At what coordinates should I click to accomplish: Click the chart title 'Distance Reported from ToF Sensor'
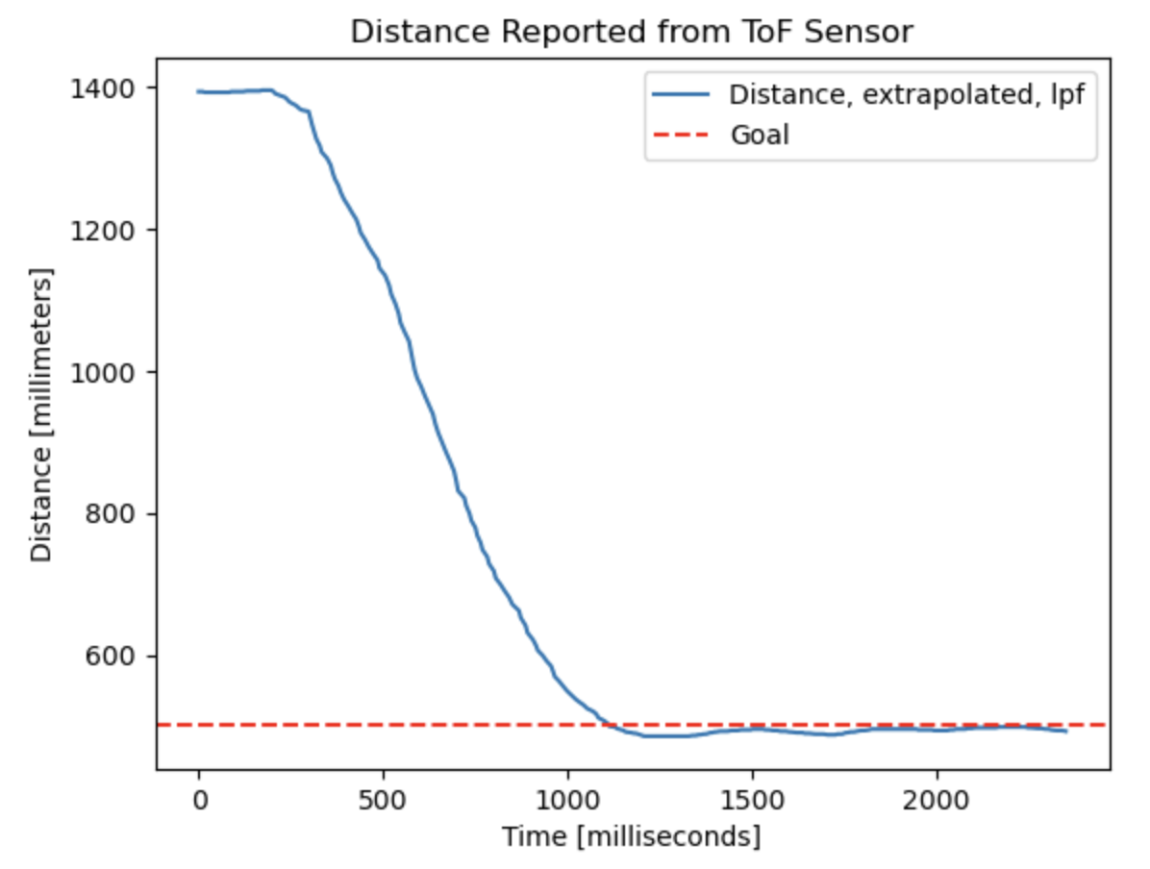click(631, 32)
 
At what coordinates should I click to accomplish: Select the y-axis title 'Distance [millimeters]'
click(41, 415)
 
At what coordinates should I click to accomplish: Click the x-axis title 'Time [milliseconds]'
click(631, 837)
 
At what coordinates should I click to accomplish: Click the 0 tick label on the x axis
click(199, 801)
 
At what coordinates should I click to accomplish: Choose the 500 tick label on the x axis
click(384, 801)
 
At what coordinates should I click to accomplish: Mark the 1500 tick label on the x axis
click(753, 801)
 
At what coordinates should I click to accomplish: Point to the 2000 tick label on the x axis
click(937, 801)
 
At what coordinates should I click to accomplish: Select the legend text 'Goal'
click(760, 135)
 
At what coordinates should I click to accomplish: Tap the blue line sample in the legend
click(681, 96)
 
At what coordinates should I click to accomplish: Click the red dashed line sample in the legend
click(681, 135)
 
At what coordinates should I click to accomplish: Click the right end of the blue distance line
click(1066, 732)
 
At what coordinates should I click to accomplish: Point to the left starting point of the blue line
click(198, 92)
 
